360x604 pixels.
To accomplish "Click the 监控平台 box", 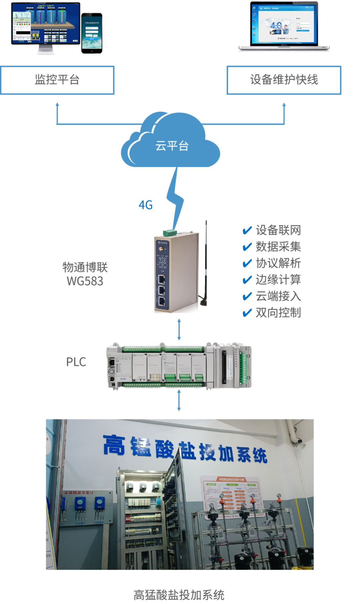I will coord(57,80).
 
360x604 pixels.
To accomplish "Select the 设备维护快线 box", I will coord(284,80).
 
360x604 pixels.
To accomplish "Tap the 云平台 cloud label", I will coord(172,146).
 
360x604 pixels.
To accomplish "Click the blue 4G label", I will coord(146,205).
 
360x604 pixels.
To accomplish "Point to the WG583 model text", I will coord(85,281).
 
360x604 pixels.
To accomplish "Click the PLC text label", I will coord(76,362).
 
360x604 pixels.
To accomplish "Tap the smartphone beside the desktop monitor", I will coord(92,33).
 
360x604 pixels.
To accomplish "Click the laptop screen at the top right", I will coord(284,24).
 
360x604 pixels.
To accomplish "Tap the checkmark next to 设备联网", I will coord(247,230).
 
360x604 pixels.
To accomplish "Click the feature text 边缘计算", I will coord(278,280).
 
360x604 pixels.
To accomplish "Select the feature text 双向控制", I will coord(278,313).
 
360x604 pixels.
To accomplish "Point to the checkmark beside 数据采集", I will coord(247,247).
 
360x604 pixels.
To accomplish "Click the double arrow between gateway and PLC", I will coord(179,329).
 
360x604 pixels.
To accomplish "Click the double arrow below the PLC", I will coord(179,400).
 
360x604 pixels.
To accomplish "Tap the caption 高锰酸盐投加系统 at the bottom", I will coord(179,595).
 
